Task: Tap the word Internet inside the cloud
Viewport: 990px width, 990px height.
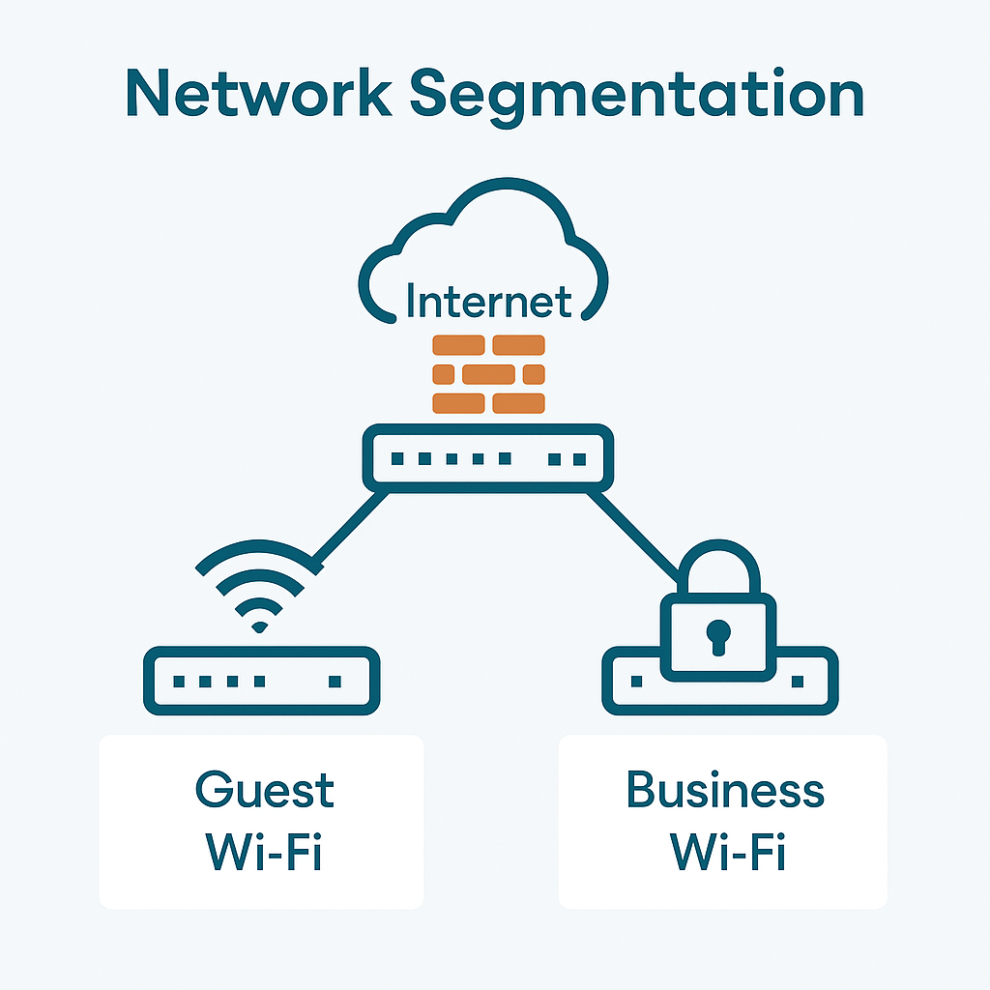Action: (488, 301)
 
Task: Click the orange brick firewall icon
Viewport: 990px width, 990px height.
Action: (488, 374)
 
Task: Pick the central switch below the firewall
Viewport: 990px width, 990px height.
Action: (488, 458)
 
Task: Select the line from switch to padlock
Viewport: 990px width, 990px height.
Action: (633, 532)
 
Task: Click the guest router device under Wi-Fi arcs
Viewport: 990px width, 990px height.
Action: (261, 682)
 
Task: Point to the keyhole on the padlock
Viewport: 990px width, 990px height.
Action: (717, 635)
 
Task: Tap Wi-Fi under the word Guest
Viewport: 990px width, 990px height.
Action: (262, 853)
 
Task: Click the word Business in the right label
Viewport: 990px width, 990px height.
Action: (724, 790)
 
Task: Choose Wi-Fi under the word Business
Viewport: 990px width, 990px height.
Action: (726, 853)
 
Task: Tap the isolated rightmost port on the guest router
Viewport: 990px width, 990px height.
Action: (335, 682)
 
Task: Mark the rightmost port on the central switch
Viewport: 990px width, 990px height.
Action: (578, 458)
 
